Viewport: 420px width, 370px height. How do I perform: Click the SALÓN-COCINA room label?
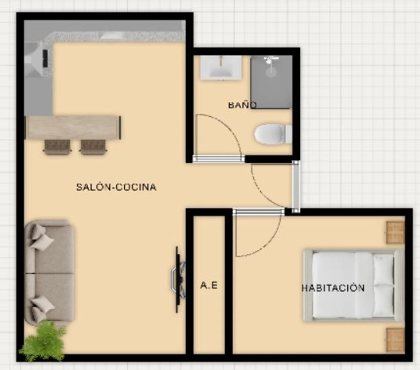[x=116, y=187]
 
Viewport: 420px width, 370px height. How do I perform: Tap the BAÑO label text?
[x=242, y=105]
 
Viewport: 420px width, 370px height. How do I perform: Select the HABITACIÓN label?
[x=333, y=288]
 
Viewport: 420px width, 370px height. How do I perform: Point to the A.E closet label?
[x=209, y=285]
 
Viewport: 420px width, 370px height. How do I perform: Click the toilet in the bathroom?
[x=273, y=134]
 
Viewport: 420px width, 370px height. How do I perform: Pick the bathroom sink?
[x=221, y=67]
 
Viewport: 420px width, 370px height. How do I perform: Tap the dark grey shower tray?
[x=271, y=82]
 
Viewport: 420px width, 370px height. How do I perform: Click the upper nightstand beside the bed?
[x=395, y=233]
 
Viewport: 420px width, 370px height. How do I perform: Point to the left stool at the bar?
[x=57, y=147]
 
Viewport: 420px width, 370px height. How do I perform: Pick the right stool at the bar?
[x=93, y=147]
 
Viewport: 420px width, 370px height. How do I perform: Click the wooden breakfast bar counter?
[x=73, y=127]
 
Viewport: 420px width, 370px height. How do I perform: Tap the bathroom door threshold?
[x=219, y=159]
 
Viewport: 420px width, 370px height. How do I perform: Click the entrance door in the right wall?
[x=296, y=187]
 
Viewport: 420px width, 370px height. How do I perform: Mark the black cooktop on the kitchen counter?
[x=45, y=58]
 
